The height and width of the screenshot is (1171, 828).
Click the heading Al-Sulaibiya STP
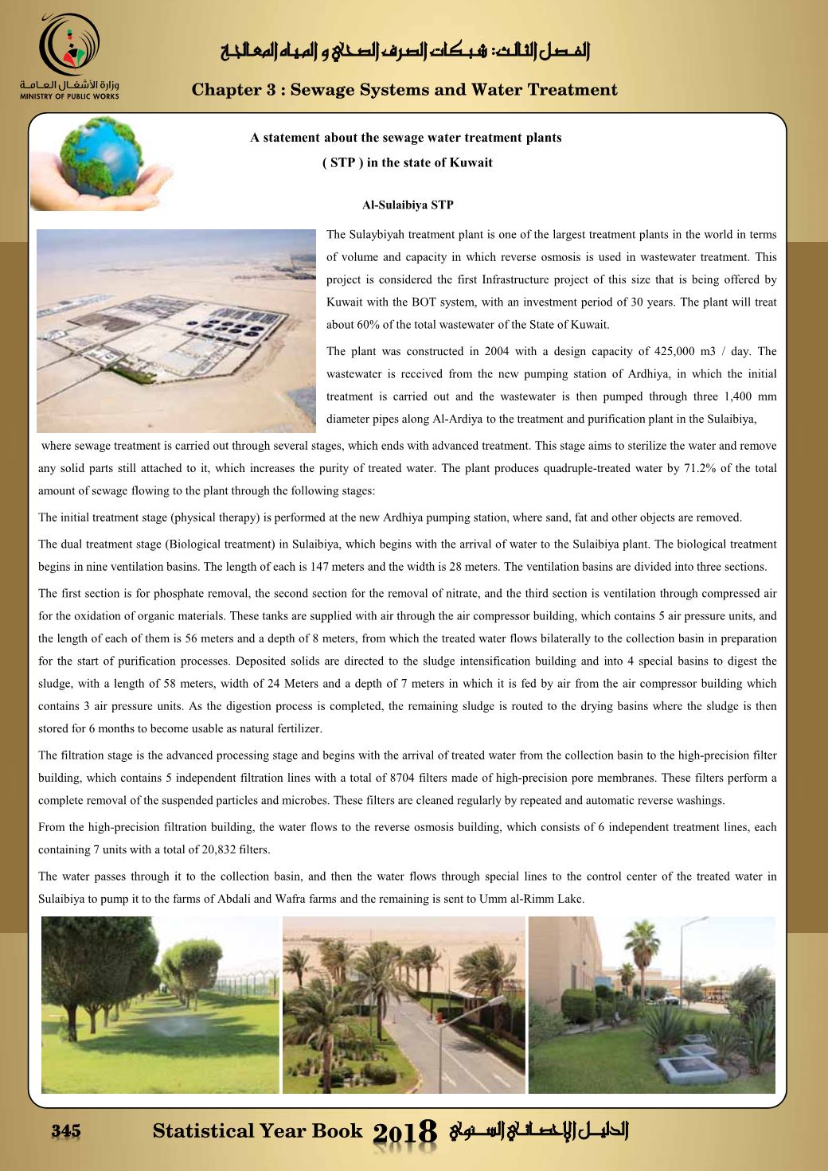click(408, 205)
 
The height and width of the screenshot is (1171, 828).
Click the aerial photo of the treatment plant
click(176, 330)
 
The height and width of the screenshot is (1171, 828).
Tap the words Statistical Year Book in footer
click(257, 1131)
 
